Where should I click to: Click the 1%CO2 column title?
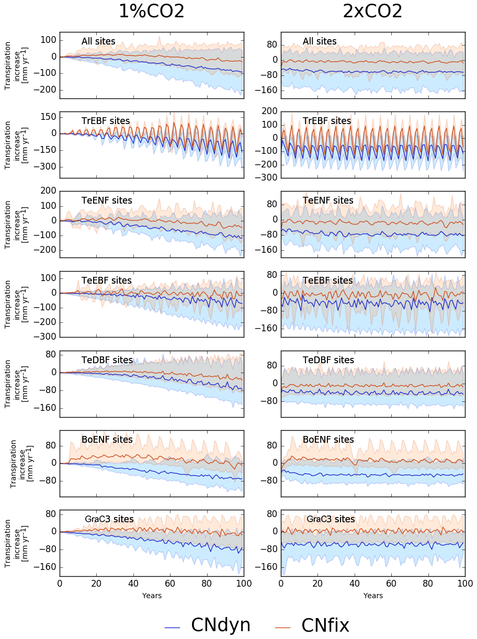coord(152,11)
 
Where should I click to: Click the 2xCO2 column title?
coord(372,11)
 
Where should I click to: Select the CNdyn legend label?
coord(221,625)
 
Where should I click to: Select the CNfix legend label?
coord(325,625)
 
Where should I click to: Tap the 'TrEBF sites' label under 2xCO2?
coord(327,121)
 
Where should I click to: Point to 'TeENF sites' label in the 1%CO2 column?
coord(107,200)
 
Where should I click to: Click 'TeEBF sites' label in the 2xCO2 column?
coord(327,281)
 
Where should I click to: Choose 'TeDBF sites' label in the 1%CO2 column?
coord(107,360)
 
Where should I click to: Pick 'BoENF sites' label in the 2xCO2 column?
coord(328,440)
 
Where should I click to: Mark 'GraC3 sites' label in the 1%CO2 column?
coord(109,519)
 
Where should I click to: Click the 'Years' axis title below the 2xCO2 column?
coord(373,596)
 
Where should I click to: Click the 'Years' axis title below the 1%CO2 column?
coord(152,596)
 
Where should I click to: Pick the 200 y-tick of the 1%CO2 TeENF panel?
coord(48,191)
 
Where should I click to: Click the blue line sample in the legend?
coord(172,626)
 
